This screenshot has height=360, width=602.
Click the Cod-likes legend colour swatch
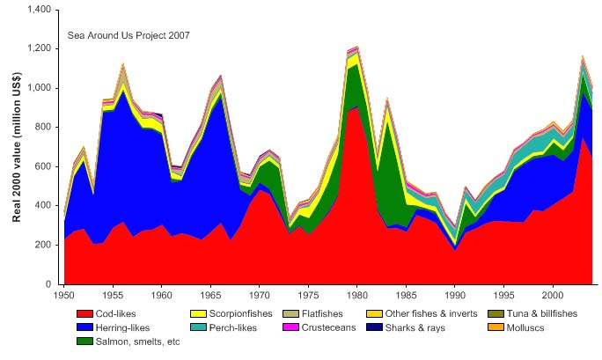[84, 313]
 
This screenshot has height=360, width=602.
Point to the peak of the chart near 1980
[355, 46]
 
